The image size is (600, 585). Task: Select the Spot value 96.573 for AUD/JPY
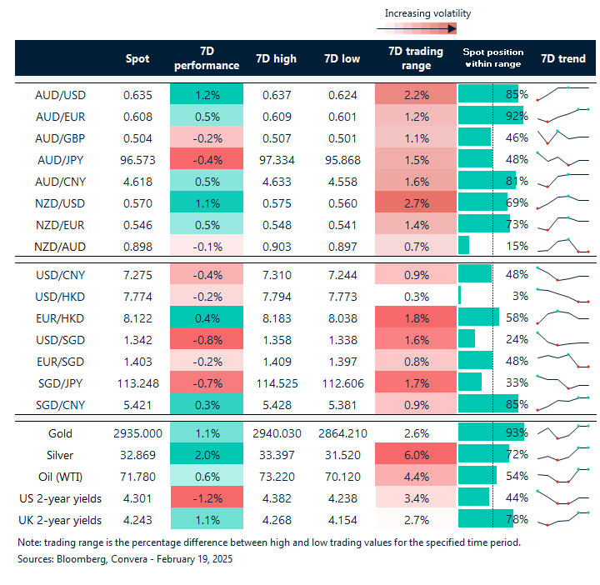pos(137,159)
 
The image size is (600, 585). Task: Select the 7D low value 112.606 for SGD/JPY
pos(342,382)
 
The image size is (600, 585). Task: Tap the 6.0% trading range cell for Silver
pos(415,455)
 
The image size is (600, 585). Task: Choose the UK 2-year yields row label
pos(61,520)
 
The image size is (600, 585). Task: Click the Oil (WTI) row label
pos(61,477)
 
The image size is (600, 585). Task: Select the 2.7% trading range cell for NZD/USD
pos(415,202)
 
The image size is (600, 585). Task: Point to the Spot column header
pos(137,58)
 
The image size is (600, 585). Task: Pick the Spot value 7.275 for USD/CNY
pos(137,273)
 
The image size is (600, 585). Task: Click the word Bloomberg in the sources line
pos(82,560)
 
